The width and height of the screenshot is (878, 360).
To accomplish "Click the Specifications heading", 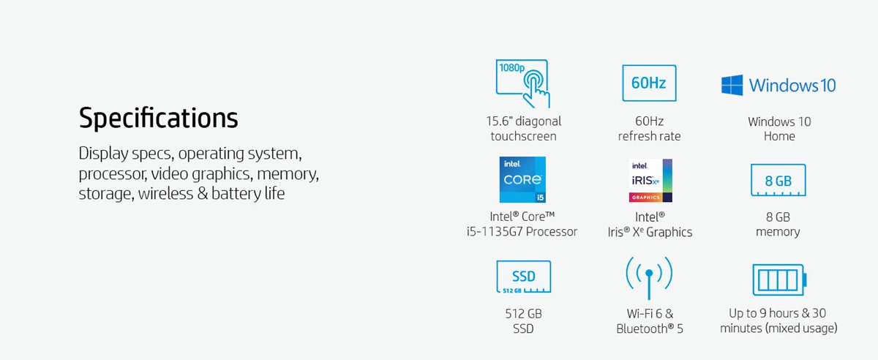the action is pyautogui.click(x=158, y=119).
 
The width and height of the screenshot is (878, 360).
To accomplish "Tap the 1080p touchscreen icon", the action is pyautogui.click(x=523, y=83).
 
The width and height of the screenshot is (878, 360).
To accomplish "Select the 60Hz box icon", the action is pyautogui.click(x=649, y=83).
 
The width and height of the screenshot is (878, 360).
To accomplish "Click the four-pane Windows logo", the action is pyautogui.click(x=732, y=85).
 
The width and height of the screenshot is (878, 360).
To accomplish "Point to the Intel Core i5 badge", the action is pyautogui.click(x=522, y=179).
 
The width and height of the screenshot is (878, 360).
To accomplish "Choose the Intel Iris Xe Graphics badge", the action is pyautogui.click(x=650, y=181).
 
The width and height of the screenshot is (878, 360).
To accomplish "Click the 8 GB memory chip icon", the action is pyautogui.click(x=778, y=181).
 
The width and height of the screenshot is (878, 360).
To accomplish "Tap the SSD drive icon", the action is pyautogui.click(x=523, y=277).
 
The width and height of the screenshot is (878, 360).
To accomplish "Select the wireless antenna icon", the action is pyautogui.click(x=649, y=277).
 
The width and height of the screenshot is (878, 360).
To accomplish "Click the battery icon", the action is pyautogui.click(x=779, y=280).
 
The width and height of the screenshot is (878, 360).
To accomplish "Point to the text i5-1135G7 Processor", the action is pyautogui.click(x=522, y=232).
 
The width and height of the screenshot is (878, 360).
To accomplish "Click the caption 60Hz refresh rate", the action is pyautogui.click(x=649, y=129).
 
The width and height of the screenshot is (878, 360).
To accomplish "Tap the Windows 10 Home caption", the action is pyautogui.click(x=779, y=129).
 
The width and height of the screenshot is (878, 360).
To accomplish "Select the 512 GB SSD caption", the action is pyautogui.click(x=523, y=320).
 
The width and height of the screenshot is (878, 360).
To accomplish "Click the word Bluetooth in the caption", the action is pyautogui.click(x=645, y=329).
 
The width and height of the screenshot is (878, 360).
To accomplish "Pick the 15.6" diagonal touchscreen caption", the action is pyautogui.click(x=524, y=129).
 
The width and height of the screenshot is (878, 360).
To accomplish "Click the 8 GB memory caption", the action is pyautogui.click(x=778, y=225).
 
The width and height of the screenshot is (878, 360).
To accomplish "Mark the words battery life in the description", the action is pyautogui.click(x=248, y=194).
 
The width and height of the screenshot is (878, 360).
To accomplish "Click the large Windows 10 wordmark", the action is pyautogui.click(x=792, y=86).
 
